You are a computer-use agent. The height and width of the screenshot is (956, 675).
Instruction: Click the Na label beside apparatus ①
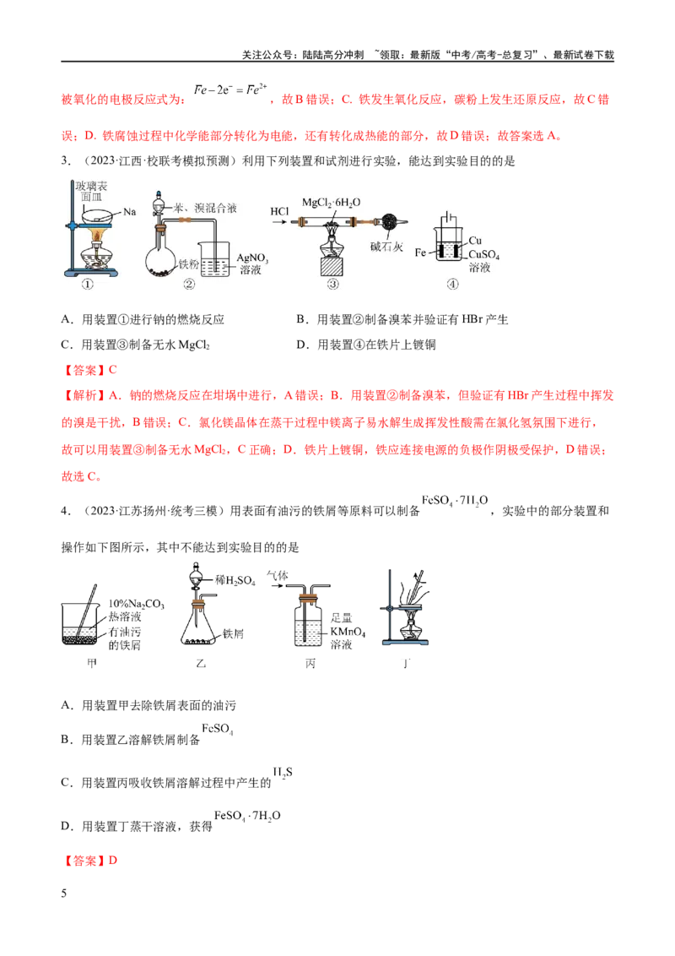129,212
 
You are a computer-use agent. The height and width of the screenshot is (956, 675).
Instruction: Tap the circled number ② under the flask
189,284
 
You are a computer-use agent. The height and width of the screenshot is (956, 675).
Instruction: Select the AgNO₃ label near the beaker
252,258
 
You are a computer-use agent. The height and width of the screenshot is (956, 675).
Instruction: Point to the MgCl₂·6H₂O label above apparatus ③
332,203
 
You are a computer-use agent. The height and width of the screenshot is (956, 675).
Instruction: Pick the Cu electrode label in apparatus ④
475,241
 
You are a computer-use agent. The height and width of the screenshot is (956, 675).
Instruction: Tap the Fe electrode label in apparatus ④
420,253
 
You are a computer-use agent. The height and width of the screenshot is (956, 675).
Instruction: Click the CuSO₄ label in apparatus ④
483,255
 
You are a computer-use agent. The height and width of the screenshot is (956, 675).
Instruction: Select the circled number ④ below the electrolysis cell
452,284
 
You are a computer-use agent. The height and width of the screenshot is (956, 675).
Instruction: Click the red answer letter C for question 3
113,369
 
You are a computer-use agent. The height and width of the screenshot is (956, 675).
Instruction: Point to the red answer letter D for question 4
113,861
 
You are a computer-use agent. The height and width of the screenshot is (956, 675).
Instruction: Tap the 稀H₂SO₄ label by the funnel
235,581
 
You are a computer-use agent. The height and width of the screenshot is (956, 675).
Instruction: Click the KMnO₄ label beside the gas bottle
348,633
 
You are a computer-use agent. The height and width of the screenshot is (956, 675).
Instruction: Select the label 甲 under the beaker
92,663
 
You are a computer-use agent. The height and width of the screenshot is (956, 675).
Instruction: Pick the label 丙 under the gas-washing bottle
310,663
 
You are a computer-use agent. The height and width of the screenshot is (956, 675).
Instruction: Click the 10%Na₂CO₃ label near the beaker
137,604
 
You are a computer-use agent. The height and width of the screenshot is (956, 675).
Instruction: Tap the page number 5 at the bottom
64,894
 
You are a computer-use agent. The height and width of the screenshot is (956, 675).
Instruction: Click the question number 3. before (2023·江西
65,161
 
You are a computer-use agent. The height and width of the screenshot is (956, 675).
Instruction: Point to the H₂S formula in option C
283,773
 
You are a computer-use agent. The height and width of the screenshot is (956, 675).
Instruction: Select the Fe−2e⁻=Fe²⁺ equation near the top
230,90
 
